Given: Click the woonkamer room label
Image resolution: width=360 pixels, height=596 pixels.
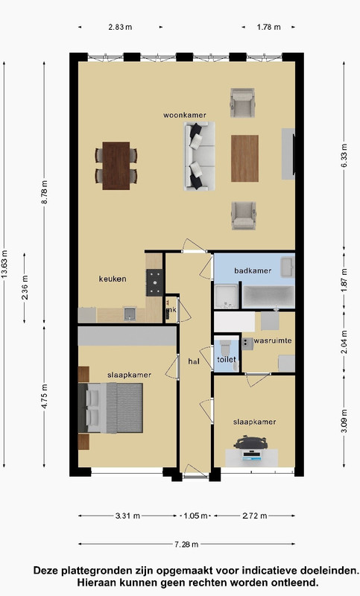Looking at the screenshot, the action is click(x=185, y=115).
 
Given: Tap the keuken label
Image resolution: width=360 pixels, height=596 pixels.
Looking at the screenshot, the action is click(x=113, y=279).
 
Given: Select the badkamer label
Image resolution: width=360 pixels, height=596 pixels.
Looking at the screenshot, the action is click(x=253, y=270).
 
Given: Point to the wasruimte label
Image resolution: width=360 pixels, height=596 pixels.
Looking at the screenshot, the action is click(x=273, y=340).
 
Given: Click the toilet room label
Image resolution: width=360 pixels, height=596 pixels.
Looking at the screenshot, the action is click(x=227, y=359).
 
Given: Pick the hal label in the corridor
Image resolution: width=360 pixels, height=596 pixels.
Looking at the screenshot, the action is click(x=194, y=361).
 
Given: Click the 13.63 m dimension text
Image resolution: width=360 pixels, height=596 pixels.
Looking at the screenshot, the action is click(x=4, y=264).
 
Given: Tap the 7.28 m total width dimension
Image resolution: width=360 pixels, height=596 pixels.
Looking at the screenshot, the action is click(x=186, y=545).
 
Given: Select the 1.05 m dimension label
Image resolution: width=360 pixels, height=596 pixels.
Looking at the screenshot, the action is click(x=196, y=516).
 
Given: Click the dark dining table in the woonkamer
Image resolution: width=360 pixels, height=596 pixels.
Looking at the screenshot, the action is click(x=116, y=165).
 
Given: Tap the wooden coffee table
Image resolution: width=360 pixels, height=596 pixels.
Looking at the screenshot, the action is click(x=244, y=159).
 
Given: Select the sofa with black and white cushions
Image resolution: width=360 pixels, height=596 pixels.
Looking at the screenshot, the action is click(x=200, y=156).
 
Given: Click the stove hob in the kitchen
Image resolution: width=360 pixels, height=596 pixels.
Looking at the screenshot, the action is click(x=155, y=282).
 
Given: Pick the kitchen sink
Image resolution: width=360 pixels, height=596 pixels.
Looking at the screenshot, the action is click(x=130, y=314).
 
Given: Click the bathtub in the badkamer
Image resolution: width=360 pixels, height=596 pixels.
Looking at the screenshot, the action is click(x=268, y=297).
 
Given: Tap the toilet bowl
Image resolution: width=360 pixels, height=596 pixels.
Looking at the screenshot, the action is click(x=225, y=347).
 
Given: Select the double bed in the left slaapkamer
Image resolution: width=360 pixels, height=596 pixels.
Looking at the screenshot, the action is click(x=110, y=408).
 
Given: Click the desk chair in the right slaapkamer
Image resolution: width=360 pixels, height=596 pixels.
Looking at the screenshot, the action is click(x=250, y=443).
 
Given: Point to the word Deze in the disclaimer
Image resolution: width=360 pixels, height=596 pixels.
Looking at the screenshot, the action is click(x=44, y=571).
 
